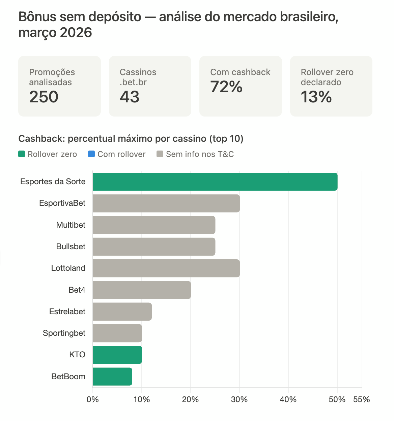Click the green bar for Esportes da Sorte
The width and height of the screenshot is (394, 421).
point(215,182)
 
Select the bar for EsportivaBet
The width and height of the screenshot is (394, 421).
point(166,203)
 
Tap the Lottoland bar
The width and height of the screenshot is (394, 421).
point(166,268)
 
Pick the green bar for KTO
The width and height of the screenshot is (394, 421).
point(117,355)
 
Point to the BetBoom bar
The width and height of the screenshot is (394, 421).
point(112,377)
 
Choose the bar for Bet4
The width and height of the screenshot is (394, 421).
point(142,290)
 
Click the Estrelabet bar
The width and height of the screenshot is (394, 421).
point(122,312)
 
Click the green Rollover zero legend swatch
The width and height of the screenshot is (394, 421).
point(22,154)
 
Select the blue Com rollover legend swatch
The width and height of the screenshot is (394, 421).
point(91,154)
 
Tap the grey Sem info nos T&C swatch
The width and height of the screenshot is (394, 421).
point(160,154)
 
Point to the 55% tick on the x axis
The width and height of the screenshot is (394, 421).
point(361,399)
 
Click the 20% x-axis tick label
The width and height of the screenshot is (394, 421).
point(190,399)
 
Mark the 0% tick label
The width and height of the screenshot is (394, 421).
point(93,399)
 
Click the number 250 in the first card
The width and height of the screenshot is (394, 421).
point(44,97)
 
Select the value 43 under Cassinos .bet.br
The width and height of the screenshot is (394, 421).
point(130,97)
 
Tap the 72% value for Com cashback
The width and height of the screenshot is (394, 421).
point(226,87)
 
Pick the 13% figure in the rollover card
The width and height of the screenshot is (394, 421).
point(316,97)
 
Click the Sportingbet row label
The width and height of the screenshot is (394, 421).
point(64,333)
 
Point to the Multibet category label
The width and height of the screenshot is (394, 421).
point(71,225)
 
